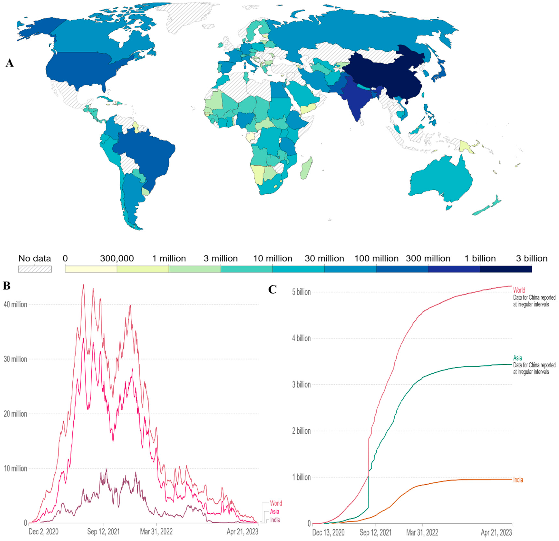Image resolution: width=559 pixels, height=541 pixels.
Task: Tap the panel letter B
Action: click(x=7, y=286)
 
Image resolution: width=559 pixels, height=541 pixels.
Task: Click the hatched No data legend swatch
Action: click(x=35, y=269)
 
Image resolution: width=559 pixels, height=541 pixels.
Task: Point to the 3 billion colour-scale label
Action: click(x=532, y=259)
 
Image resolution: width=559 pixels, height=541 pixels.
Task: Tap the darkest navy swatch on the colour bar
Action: click(x=506, y=269)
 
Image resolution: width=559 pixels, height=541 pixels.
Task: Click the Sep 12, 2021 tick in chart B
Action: click(x=103, y=532)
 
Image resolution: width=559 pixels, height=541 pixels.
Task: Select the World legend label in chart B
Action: click(x=276, y=503)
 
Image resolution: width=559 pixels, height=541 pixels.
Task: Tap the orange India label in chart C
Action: click(x=518, y=480)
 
